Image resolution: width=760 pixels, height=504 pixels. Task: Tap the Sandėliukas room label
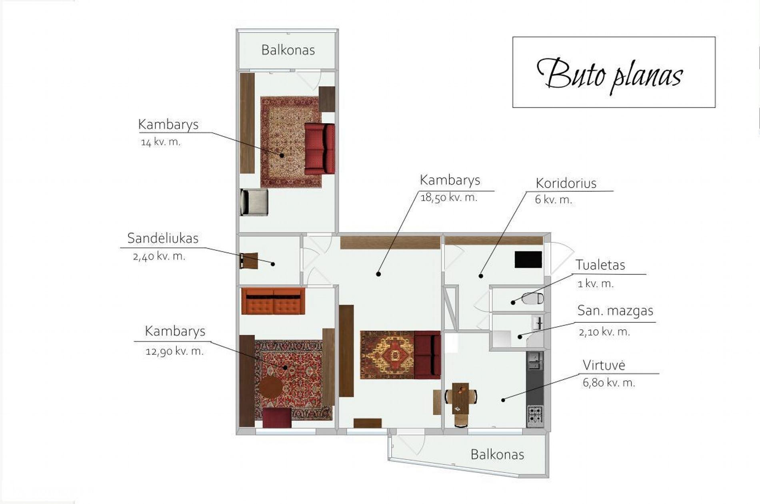pos(163,238)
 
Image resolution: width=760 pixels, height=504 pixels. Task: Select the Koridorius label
pos(566,183)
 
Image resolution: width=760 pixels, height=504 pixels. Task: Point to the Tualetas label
pos(600,265)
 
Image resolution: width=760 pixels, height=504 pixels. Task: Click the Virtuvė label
pos(604,365)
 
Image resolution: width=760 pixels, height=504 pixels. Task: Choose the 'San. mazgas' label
pos(615,311)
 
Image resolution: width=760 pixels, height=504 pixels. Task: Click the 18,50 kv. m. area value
pos(449,197)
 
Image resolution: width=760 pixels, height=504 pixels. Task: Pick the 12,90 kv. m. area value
pos(174,351)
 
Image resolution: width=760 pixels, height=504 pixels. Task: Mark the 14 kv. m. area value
pos(160,142)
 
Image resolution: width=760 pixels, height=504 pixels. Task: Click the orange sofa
pos(273,301)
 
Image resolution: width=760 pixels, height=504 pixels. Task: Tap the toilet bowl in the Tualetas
pos(533,298)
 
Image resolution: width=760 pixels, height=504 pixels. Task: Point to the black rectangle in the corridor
pos(528,259)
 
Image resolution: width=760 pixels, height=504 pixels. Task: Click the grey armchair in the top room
pos(254,202)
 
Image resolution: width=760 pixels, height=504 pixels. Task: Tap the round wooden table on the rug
pos(271,387)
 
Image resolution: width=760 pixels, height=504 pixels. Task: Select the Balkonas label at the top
pos(288,50)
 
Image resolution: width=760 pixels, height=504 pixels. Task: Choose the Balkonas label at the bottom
pos(497,455)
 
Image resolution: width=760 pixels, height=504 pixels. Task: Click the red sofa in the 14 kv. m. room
pos(320,149)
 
